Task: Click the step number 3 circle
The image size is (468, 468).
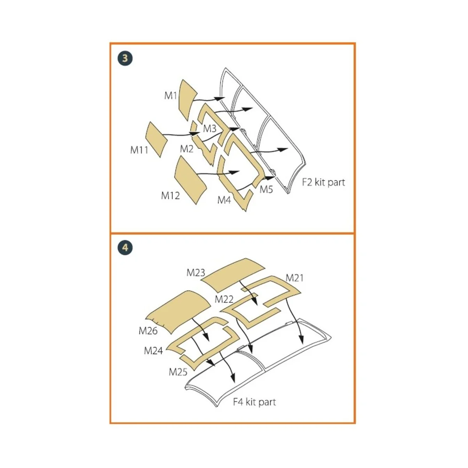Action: point(125,58)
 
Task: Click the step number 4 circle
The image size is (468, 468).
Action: point(125,248)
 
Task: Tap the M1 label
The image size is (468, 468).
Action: point(171,96)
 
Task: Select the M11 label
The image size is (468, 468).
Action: point(139,149)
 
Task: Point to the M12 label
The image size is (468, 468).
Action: point(170,195)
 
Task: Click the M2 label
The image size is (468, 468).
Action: point(187,149)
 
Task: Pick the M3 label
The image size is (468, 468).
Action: point(210,128)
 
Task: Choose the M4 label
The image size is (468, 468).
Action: point(224,200)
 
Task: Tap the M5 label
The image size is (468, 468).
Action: point(266,189)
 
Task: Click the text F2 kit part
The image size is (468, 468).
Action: point(323,182)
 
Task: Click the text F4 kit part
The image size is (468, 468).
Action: point(254,402)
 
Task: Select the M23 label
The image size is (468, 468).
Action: point(196,273)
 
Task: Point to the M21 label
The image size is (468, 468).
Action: point(294,278)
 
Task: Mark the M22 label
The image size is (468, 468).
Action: point(224,299)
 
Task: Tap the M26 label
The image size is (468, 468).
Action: point(148,331)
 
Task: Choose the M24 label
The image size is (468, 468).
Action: point(153,351)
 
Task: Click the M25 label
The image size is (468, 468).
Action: point(178,372)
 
